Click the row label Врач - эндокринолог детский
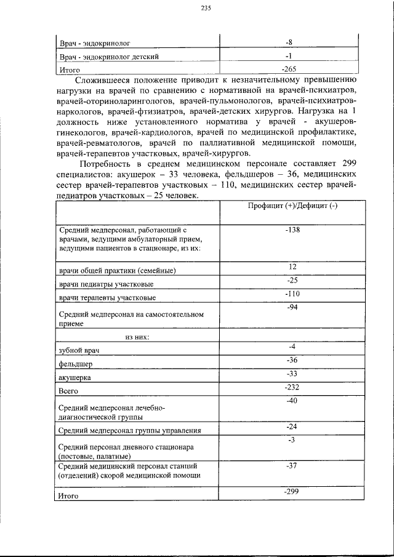(110, 57)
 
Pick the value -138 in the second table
(292, 229)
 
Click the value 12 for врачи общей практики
(292, 266)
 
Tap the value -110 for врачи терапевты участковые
(292, 294)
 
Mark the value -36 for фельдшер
(292, 360)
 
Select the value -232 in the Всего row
(292, 387)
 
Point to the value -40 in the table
(292, 401)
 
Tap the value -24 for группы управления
(292, 427)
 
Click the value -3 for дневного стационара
(292, 439)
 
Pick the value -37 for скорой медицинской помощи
(292, 466)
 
